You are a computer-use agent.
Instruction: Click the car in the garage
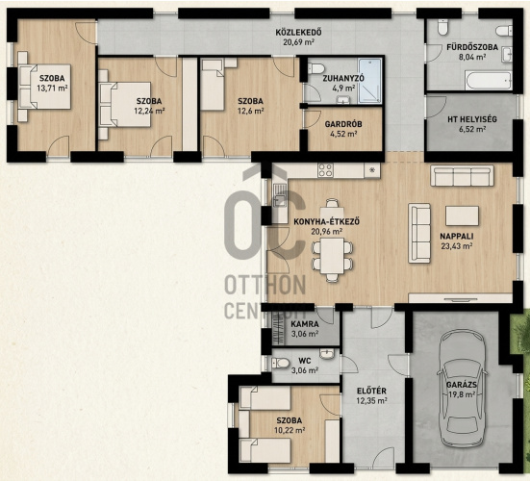[x=462, y=389]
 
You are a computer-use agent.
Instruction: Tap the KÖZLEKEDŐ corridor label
[x=298, y=33]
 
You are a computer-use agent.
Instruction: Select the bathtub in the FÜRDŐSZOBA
[x=488, y=81]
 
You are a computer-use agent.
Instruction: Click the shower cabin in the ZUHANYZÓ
[x=370, y=81]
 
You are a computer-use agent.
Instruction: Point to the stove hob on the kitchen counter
[x=325, y=170]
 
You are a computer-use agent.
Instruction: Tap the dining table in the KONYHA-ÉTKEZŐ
[x=332, y=255]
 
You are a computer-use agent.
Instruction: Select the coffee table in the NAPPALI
[x=462, y=216]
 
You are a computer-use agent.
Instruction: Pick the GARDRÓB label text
[x=343, y=124]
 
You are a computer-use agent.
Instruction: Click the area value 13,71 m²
[x=52, y=89]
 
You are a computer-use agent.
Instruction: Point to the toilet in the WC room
[x=281, y=364]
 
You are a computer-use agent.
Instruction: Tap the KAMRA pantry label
[x=305, y=324]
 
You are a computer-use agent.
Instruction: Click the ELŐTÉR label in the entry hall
[x=371, y=392]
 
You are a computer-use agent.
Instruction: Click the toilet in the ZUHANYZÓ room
[x=316, y=68]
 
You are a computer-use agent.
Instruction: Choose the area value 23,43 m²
[x=456, y=245]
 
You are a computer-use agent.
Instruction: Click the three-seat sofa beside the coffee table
[x=419, y=233]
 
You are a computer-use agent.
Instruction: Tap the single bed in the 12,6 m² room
[x=213, y=84]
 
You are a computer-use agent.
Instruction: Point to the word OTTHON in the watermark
[x=265, y=285]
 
